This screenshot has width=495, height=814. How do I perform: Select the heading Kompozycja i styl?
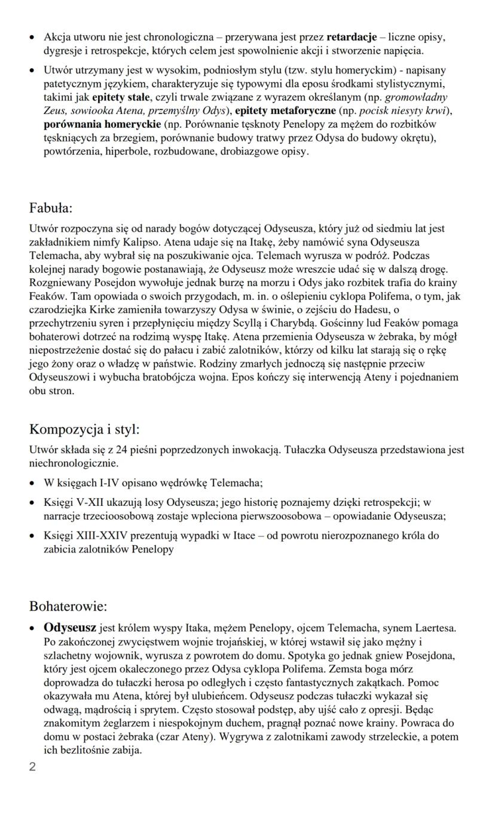[x=84, y=429]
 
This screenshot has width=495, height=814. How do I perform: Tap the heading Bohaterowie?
[x=68, y=606]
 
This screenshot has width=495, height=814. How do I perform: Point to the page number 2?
[x=33, y=767]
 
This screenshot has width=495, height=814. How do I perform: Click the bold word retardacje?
[x=352, y=38]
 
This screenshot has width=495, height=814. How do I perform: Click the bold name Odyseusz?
[x=70, y=628]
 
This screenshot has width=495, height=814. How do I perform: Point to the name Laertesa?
[x=433, y=628]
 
